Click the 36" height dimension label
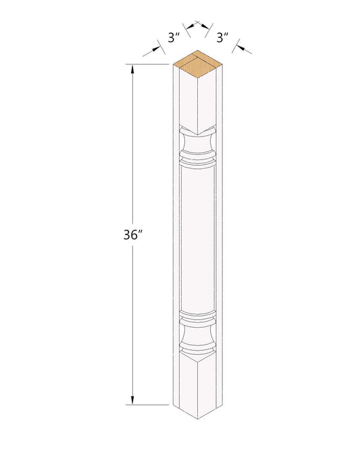(x=133, y=235)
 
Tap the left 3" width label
(x=174, y=38)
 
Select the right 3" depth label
(x=222, y=38)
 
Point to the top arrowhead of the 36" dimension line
(x=132, y=70)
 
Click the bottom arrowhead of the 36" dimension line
(x=132, y=400)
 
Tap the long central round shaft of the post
(x=198, y=241)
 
